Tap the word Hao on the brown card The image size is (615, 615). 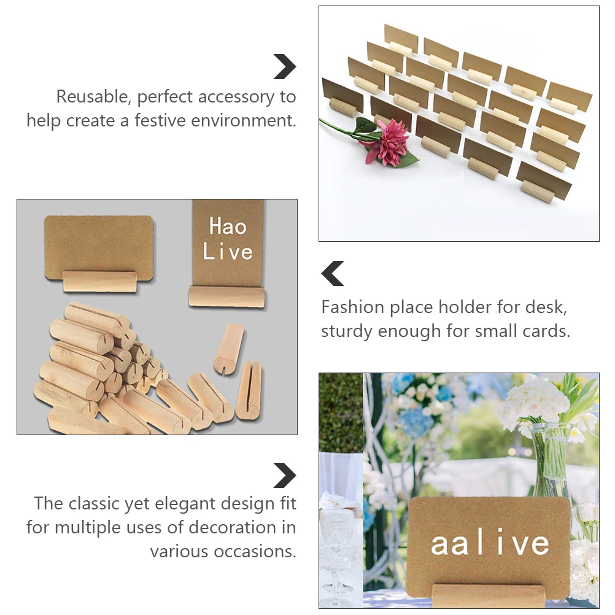(x=228, y=226)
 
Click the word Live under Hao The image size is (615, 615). (x=228, y=252)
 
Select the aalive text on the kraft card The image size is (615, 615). (x=489, y=544)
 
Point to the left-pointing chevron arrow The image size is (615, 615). (x=333, y=273)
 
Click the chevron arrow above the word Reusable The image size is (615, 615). (x=284, y=66)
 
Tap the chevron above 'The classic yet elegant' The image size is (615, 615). (x=284, y=475)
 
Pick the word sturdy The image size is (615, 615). (x=347, y=331)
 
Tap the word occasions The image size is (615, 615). (x=255, y=551)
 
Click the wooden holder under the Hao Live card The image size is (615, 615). (x=226, y=296)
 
